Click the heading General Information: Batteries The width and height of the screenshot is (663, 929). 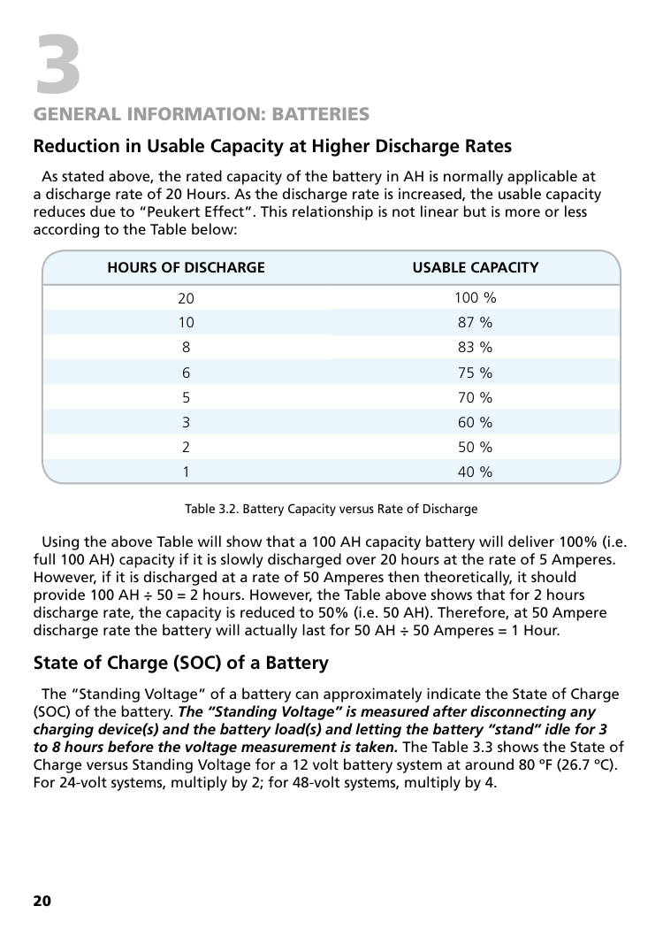[x=201, y=115]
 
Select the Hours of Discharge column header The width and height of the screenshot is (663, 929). [x=186, y=267]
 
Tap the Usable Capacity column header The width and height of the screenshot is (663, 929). [x=475, y=267]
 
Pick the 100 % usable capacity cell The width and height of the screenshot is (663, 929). [x=475, y=297]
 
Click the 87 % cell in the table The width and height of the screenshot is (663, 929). [x=475, y=322]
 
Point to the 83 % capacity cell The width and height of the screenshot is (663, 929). [x=475, y=348]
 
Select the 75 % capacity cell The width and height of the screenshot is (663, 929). [x=475, y=372]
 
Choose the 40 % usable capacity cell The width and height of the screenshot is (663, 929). [x=475, y=472]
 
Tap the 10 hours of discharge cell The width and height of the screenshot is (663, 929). [x=186, y=322]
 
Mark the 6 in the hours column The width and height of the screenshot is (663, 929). [x=186, y=372]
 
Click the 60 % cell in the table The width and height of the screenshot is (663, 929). [x=475, y=422]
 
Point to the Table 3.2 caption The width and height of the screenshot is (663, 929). [x=331, y=510]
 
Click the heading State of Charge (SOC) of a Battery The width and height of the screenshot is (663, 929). [x=180, y=663]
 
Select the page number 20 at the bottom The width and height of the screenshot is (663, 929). [x=42, y=901]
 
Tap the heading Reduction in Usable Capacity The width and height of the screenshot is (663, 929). [x=272, y=146]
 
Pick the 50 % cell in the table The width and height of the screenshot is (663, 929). [x=475, y=447]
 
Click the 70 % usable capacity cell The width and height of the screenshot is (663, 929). [x=475, y=397]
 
